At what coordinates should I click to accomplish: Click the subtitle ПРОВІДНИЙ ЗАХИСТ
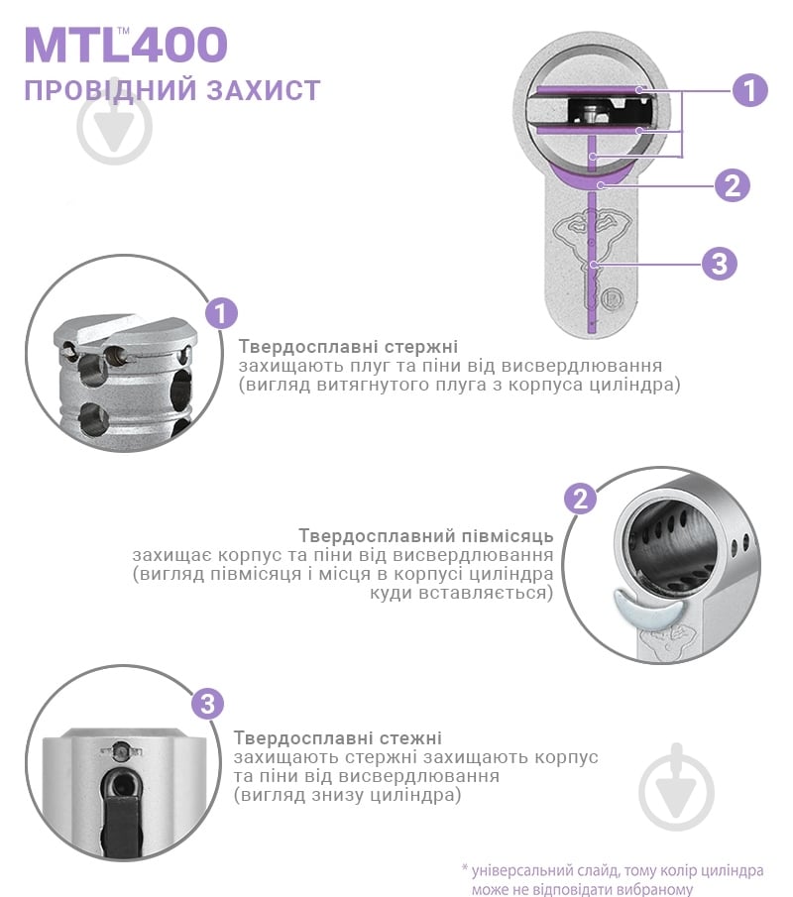171,90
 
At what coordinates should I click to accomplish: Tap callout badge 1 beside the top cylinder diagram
750,90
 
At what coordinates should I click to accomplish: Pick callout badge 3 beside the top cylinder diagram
720,264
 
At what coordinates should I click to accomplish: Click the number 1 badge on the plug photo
221,314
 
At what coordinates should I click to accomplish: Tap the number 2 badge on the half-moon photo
580,498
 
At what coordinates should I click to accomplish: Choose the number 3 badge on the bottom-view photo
206,705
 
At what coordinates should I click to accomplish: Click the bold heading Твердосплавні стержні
347,347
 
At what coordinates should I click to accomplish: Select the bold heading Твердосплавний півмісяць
425,536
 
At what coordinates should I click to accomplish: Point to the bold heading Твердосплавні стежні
338,738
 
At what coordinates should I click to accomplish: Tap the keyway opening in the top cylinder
591,111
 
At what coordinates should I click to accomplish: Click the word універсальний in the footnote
520,870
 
